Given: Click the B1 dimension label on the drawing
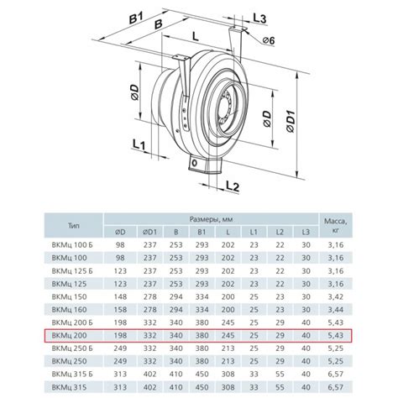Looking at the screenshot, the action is click(136, 18).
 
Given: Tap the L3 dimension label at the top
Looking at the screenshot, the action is click(259, 18).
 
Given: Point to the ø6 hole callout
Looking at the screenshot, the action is click(269, 40).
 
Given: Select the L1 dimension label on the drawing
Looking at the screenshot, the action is click(139, 144).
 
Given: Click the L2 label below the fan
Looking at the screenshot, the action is click(233, 186).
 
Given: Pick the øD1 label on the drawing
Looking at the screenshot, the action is click(291, 121).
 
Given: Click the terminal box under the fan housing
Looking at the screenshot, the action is click(203, 166).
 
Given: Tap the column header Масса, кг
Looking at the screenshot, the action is click(336, 225).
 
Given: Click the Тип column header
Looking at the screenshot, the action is click(74, 226).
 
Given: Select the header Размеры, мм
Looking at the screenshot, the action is click(211, 219).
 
